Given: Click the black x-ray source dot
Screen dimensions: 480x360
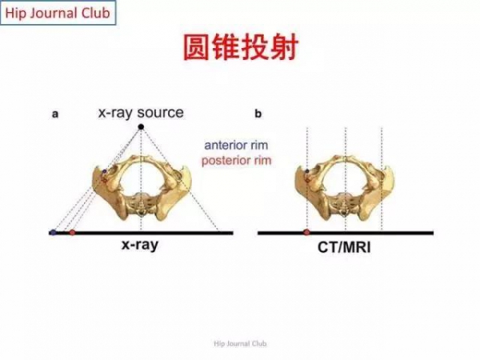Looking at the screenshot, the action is click(141, 126).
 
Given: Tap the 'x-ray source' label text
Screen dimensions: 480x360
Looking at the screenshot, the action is click(141, 113).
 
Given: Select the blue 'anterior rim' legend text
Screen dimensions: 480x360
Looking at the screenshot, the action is click(236, 145).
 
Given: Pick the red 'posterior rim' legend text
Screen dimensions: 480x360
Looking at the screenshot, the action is click(236, 161).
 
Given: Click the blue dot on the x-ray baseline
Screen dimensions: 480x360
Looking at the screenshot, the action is click(54, 232).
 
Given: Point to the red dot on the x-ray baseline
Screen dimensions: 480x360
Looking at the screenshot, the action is click(72, 232).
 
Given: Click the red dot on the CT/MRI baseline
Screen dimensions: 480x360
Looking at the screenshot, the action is click(306, 232).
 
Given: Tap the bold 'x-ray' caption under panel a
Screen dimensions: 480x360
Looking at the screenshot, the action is click(140, 245).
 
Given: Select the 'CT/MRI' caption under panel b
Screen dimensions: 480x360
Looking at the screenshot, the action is click(344, 247).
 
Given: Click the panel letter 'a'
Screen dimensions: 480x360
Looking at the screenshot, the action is click(55, 114).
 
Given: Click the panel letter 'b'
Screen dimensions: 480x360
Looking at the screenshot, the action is click(258, 114).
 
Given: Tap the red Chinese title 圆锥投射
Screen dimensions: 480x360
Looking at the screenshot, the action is click(241, 47).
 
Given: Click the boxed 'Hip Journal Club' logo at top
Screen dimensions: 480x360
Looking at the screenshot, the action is click(58, 13).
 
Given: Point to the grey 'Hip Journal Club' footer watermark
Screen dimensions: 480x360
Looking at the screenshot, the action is click(240, 344).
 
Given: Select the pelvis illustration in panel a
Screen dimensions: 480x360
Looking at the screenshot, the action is click(142, 188).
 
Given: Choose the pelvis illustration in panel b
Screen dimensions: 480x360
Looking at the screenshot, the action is click(344, 188).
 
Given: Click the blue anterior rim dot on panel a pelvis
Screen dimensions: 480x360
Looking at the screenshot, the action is click(105, 171).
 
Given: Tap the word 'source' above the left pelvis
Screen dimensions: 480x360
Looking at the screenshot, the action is click(161, 113).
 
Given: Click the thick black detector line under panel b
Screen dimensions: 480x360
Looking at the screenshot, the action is click(346, 233).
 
